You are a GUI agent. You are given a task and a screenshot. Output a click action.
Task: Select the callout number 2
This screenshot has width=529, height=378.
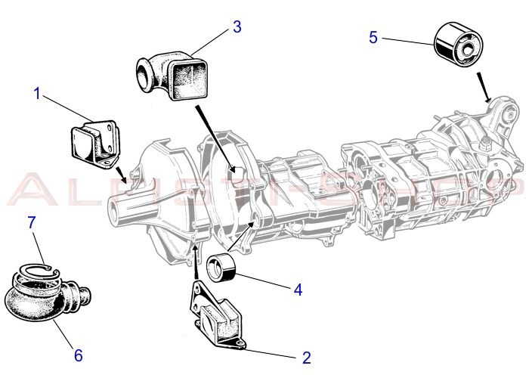(x=306, y=358)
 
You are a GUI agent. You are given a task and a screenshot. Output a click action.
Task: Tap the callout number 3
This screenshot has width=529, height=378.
(x=237, y=27)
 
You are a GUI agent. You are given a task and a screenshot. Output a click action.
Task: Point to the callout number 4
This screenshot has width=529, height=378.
(x=298, y=289)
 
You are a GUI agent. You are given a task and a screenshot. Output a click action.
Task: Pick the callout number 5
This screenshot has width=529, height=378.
(x=373, y=36)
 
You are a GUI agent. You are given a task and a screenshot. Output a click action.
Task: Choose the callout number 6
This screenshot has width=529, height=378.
(x=78, y=353)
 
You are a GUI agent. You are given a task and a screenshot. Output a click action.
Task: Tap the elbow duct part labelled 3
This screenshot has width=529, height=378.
(x=170, y=76)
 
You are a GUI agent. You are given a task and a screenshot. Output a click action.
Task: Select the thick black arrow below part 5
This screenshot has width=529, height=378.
(x=484, y=86)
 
